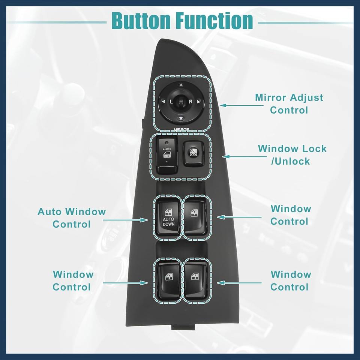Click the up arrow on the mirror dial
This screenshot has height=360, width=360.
coord(181,85)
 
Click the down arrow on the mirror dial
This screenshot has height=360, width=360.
coord(181,119)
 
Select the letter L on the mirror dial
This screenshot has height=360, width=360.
coord(171,102)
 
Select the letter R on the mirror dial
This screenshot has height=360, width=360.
coord(190,102)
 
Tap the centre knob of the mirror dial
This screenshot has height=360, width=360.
coord(181,101)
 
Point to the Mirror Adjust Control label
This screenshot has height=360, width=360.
coord(289,104)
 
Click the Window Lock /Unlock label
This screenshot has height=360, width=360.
coord(292,155)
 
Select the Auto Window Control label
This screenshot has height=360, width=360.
coord(72,218)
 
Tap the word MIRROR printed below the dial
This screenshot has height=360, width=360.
coord(181,129)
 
